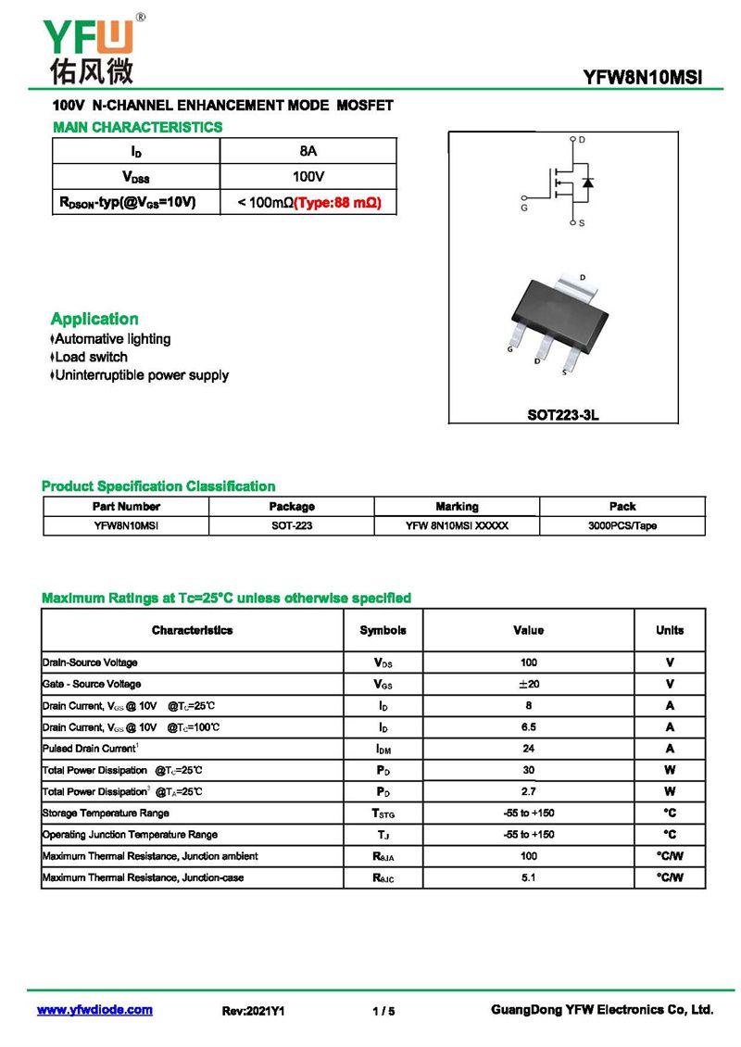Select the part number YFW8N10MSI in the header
(x=642, y=78)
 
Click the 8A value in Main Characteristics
(x=308, y=151)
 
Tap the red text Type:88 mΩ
(x=337, y=202)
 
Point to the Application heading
(x=94, y=319)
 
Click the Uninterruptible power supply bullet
(x=141, y=375)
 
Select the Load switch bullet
(x=90, y=357)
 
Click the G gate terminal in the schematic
(x=525, y=198)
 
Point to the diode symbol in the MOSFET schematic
(x=587, y=182)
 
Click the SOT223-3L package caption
(x=563, y=415)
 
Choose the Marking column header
(x=457, y=507)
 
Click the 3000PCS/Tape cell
(x=622, y=525)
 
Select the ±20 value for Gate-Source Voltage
(x=528, y=684)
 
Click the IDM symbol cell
(x=383, y=749)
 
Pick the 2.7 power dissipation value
(x=528, y=791)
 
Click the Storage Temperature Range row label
(x=106, y=813)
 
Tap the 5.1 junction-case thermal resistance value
(x=528, y=877)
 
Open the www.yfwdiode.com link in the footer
(x=94, y=1010)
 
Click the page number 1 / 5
(x=383, y=1011)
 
